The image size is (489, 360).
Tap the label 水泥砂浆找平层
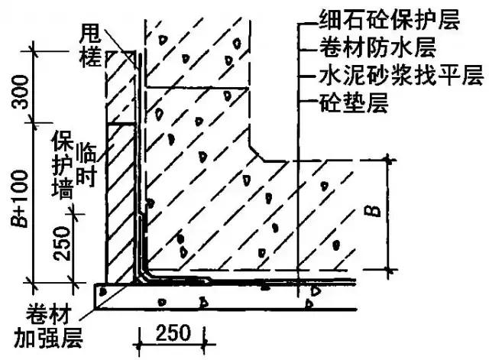click(x=377, y=76)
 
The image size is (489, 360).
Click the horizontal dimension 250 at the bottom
click(x=172, y=334)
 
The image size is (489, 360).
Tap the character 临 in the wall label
click(x=85, y=156)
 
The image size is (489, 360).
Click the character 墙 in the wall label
click(x=62, y=185)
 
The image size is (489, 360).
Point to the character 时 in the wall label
click(x=85, y=177)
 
